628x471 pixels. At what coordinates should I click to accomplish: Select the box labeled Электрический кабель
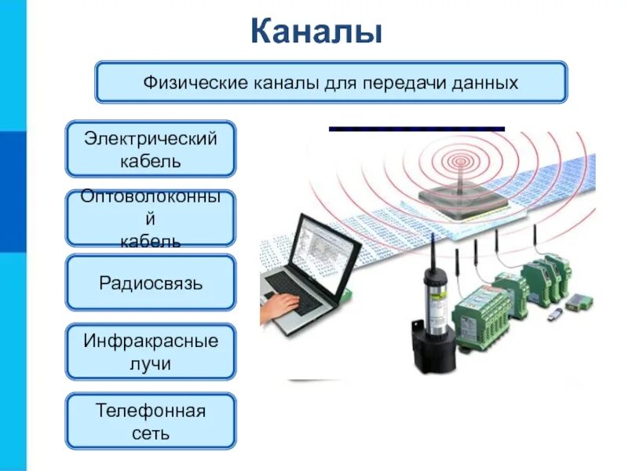[x=150, y=149]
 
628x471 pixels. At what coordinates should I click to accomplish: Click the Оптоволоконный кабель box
[x=150, y=218]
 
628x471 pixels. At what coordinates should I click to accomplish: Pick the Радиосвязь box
[x=150, y=283]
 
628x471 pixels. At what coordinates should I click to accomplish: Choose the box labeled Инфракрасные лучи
[x=150, y=352]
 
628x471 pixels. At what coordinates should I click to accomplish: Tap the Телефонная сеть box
[x=150, y=421]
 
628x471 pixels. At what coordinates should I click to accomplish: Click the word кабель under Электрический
[x=150, y=162]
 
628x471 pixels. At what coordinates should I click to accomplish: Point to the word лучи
[x=150, y=364]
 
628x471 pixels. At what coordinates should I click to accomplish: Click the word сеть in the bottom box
[x=150, y=433]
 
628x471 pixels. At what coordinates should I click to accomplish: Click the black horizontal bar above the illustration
[x=416, y=128]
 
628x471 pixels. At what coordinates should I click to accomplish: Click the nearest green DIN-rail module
[x=481, y=314]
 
